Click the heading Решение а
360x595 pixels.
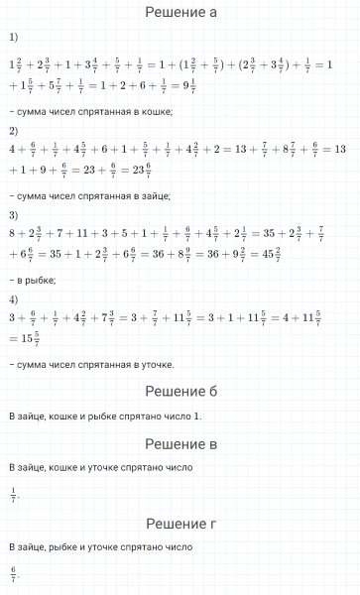click(x=180, y=13)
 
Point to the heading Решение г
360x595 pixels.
click(x=180, y=523)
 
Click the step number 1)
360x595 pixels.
click(x=13, y=38)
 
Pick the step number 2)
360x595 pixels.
click(x=13, y=130)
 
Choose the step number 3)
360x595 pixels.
click(x=13, y=214)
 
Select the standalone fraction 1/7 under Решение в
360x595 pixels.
click(x=13, y=492)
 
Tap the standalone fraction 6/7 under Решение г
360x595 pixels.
click(x=13, y=571)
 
